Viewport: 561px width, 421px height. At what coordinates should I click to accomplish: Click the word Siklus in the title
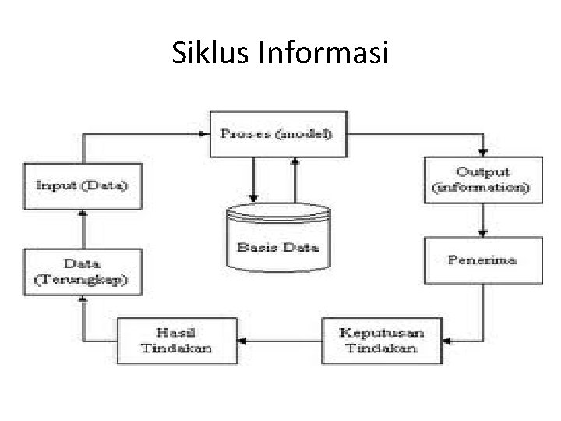pos(202,54)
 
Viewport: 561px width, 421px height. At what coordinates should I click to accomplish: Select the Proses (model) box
pos(276,134)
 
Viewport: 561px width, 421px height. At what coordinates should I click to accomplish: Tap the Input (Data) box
pos(83,186)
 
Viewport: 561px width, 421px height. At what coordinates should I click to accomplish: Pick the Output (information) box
pos(482,181)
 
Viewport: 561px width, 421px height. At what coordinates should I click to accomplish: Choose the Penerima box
pos(482,260)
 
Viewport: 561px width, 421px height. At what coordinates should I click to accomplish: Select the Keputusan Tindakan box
pos(381,340)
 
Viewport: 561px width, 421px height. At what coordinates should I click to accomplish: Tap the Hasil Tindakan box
pos(177,341)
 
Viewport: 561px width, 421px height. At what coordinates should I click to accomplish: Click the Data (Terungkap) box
pos(83,271)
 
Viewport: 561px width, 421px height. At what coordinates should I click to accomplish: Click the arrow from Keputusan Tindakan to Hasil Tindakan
pos(279,341)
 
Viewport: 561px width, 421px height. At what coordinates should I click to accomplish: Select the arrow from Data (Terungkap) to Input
pos(83,229)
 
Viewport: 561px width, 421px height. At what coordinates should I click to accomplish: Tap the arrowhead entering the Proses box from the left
pos(205,134)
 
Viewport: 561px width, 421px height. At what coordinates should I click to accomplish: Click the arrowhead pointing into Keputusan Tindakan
pos(446,340)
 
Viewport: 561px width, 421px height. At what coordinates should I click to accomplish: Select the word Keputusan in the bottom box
pos(381,333)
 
